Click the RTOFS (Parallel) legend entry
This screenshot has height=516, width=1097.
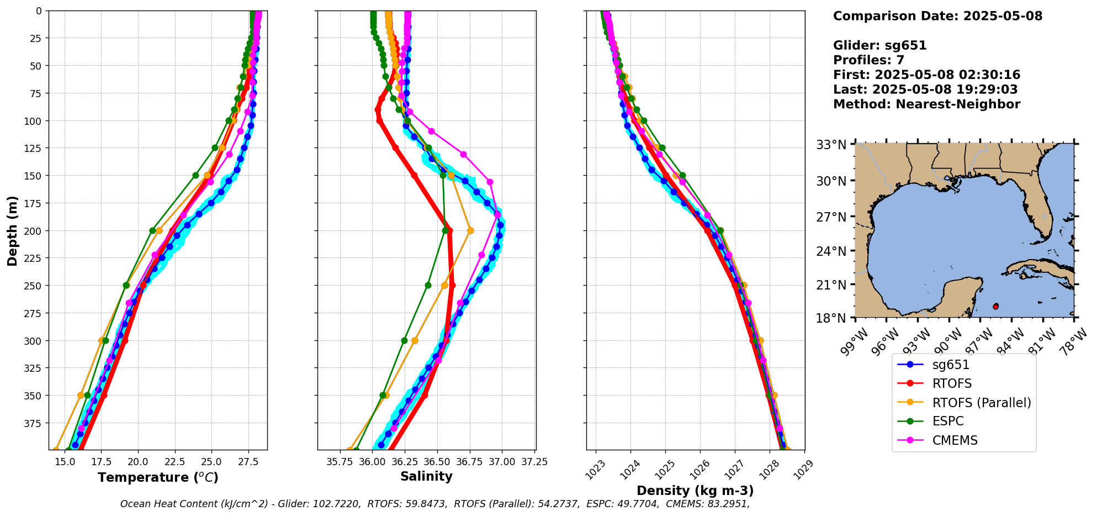click(x=981, y=403)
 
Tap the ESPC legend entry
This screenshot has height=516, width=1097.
click(x=947, y=422)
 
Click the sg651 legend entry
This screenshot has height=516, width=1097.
click(x=951, y=365)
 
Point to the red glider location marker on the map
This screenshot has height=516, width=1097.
click(x=995, y=307)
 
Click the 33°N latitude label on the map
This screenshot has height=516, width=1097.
click(x=831, y=145)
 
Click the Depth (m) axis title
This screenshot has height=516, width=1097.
click(x=12, y=230)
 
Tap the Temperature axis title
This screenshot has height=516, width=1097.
click(x=158, y=477)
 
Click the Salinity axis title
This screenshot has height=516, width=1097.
click(x=426, y=476)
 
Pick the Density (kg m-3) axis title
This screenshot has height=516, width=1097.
click(x=695, y=491)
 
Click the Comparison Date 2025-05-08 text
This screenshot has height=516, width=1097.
click(x=937, y=16)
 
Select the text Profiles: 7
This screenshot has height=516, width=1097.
click(x=868, y=60)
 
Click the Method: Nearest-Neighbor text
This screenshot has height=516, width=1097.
click(x=926, y=104)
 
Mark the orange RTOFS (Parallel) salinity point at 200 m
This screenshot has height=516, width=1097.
click(x=470, y=231)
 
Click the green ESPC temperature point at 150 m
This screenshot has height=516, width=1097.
click(x=195, y=176)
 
